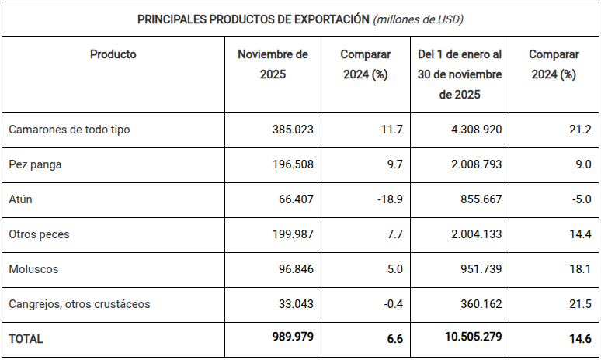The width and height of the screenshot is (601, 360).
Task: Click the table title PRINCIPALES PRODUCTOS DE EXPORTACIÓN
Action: [253, 19]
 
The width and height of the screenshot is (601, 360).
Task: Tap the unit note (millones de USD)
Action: [419, 19]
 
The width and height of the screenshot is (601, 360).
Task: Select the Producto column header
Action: [113, 54]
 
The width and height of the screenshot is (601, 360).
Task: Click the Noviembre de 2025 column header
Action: [273, 64]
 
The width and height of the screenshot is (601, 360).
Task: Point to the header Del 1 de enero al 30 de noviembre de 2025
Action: [460, 74]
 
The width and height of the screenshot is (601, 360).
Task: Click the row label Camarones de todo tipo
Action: [69, 130]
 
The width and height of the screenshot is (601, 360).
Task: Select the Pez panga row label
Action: [35, 164]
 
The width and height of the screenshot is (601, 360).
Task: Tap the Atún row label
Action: [20, 199]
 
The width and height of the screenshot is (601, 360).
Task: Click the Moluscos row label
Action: [33, 269]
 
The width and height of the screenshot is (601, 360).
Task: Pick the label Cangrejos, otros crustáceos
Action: [79, 304]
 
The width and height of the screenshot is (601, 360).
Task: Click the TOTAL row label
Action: [26, 339]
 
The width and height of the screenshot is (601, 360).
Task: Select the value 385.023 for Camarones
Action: [290, 130]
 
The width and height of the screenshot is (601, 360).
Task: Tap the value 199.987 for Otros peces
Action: [290, 234]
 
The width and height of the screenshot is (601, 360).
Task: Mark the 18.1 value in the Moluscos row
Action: [579, 269]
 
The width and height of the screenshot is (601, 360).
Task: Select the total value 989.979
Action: [288, 339]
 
